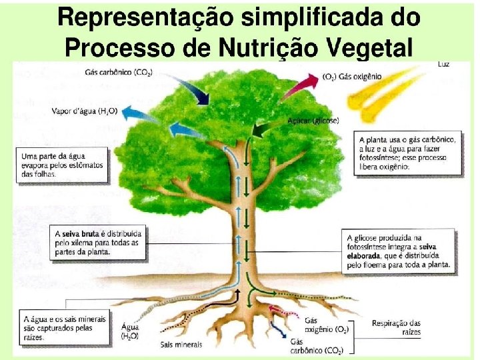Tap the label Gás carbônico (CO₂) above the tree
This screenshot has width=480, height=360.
tap(118, 71)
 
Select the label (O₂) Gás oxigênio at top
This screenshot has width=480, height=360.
tap(352, 77)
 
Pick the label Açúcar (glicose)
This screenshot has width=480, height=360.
tap(313, 121)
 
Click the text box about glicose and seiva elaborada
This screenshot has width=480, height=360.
tap(399, 251)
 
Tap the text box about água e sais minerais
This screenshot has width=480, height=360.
tap(64, 329)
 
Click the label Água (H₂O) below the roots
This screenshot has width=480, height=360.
tap(131, 331)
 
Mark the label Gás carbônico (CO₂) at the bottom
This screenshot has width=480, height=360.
tap(316, 346)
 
